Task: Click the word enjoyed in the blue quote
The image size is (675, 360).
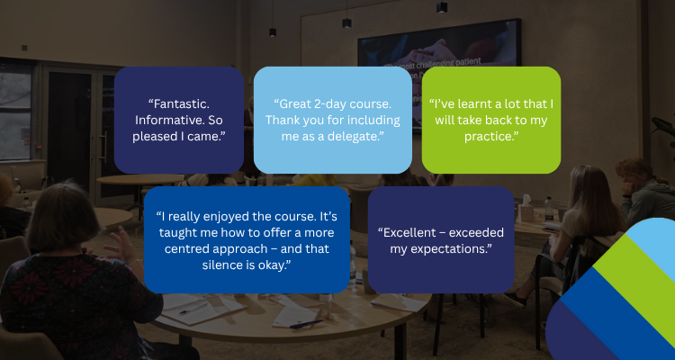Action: pos(229,217)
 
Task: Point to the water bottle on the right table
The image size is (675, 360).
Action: pos(548,209)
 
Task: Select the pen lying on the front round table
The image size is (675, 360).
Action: pos(306,324)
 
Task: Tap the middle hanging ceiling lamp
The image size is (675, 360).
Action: pos(347,22)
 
